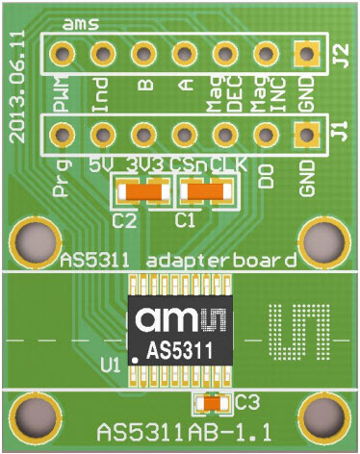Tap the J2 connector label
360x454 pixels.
[338, 60]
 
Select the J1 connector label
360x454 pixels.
[338, 129]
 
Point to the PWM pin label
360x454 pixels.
[59, 96]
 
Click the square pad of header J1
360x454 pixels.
[308, 134]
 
